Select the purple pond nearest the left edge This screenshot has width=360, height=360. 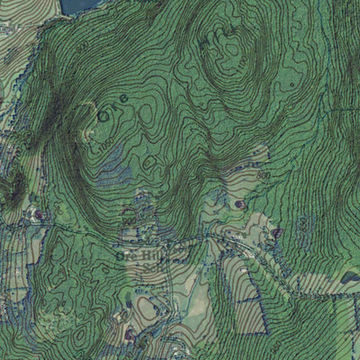pos(37,214)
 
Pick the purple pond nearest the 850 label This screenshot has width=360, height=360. pos(239,203)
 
